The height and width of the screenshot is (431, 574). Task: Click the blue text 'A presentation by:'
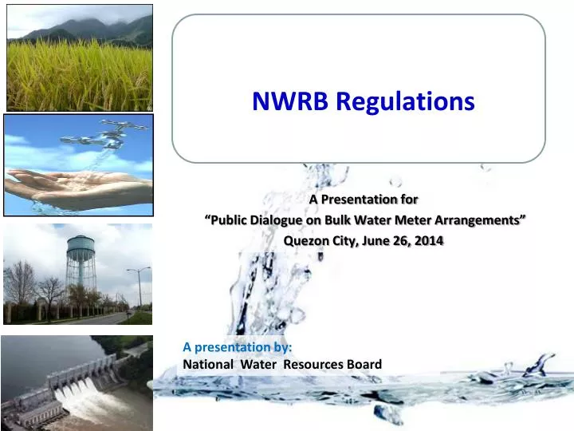tap(238, 347)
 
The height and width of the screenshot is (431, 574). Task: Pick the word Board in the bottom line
tap(363, 365)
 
